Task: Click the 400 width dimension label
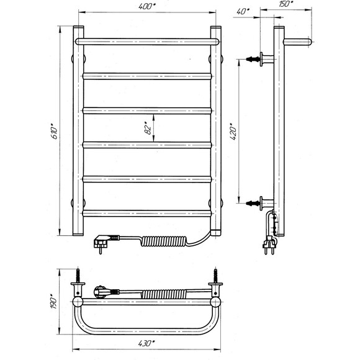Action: (147, 6)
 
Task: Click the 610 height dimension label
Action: (55, 131)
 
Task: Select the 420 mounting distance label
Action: (233, 132)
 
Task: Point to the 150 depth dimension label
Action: (286, 4)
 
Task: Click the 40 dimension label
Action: (243, 11)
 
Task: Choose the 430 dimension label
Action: (146, 343)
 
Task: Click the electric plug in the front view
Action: (106, 243)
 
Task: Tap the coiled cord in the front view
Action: (164, 241)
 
